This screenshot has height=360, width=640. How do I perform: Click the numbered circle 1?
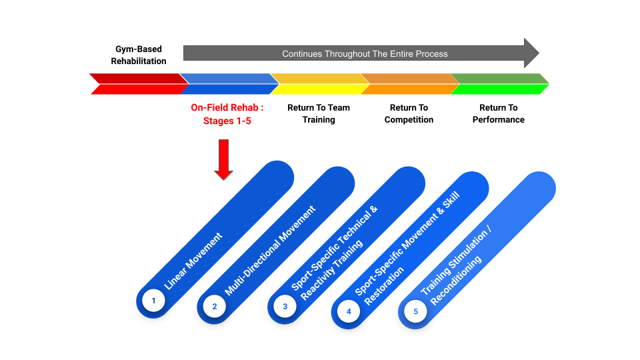pos(153,301)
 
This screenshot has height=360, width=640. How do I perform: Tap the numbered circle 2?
pos(215,307)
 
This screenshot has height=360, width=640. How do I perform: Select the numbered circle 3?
pos(285,307)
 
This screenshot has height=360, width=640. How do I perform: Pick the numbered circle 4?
pos(349,311)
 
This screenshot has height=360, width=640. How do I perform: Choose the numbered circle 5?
pos(415,311)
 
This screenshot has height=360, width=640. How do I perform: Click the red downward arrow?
pos(224,159)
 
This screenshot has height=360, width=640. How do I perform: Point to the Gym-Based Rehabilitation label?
pos(138,55)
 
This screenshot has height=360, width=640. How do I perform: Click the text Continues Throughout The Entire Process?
pos(365,53)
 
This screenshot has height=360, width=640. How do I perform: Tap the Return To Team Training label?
pos(319,113)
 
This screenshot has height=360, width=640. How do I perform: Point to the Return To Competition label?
pos(409,113)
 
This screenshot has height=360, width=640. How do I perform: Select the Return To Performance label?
pos(499,113)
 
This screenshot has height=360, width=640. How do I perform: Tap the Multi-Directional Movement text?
pos(270,251)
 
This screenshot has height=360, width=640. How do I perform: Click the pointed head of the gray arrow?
pos(531,53)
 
